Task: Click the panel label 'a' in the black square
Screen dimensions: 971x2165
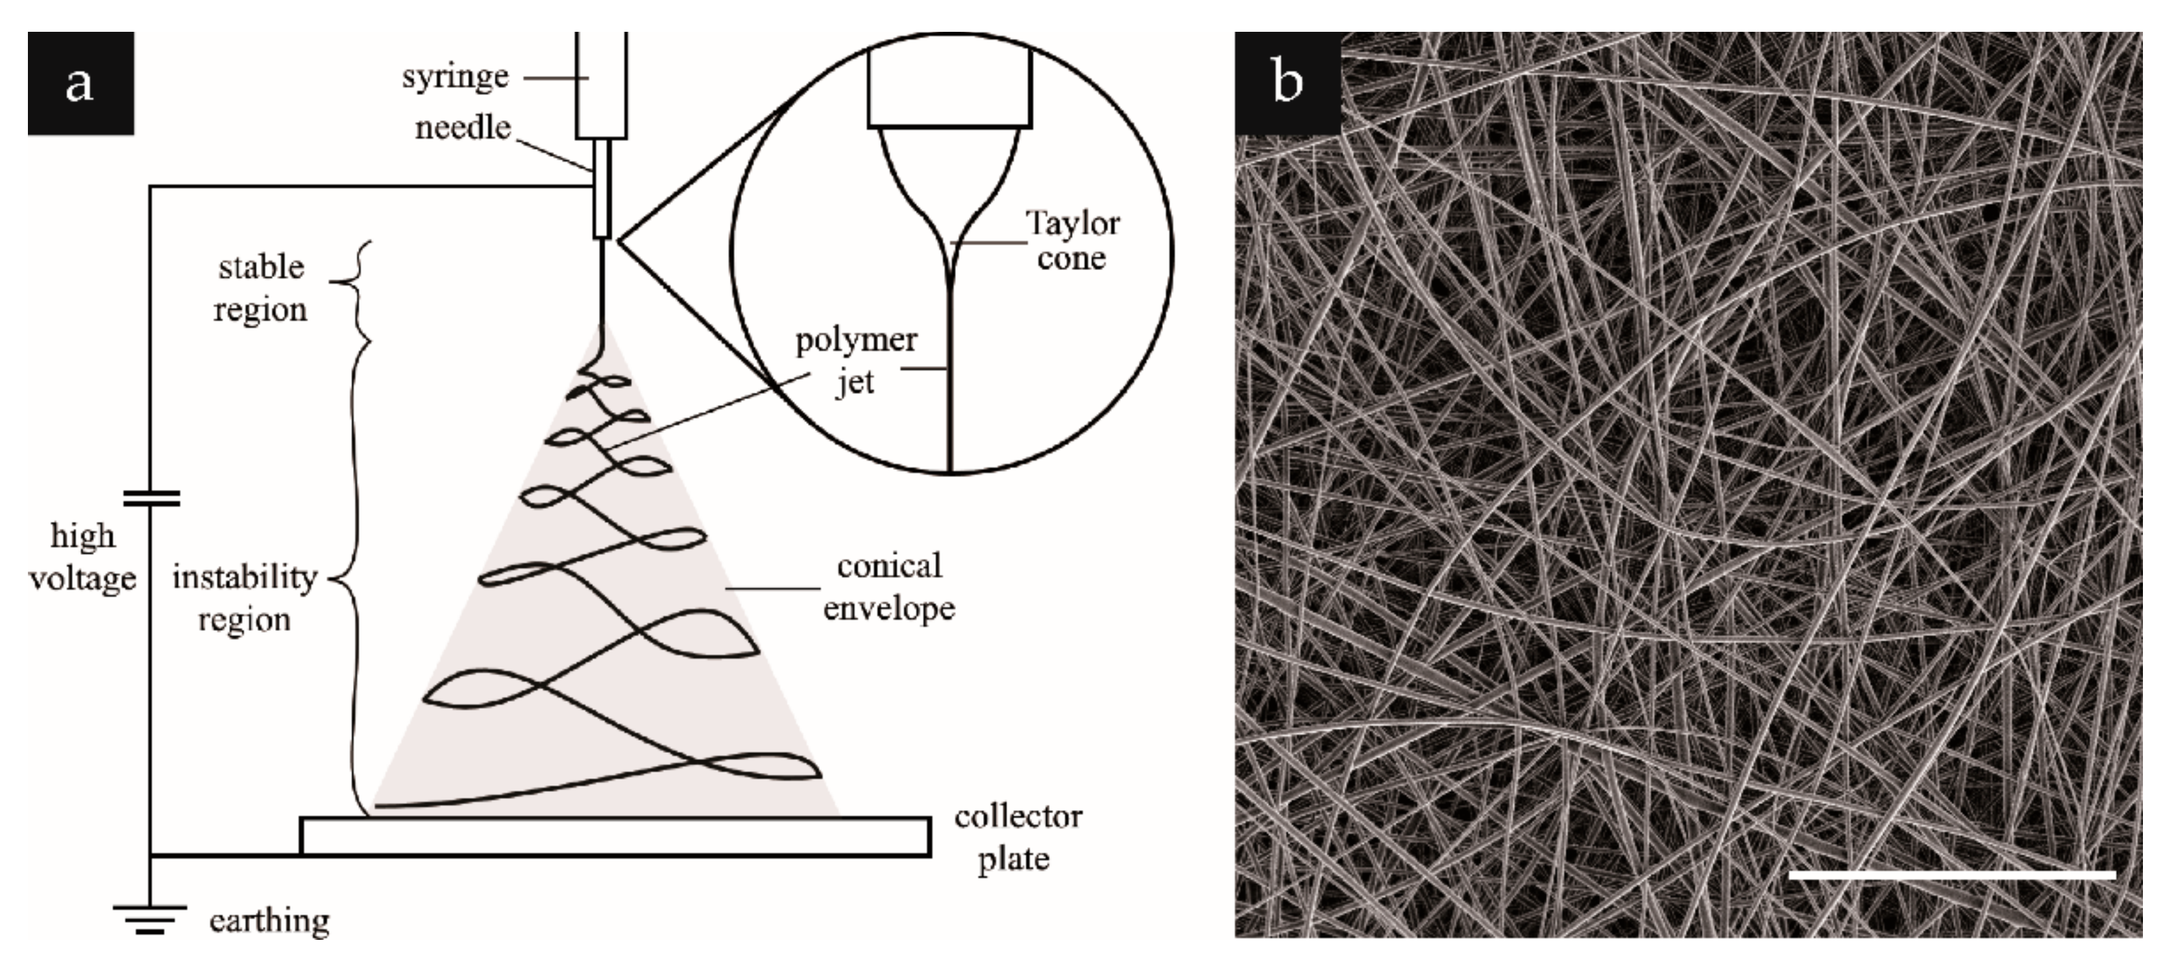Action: click(80, 83)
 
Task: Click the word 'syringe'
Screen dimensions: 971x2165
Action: click(455, 77)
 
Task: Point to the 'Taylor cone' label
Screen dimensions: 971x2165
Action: click(1071, 240)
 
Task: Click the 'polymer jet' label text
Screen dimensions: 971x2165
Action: click(855, 360)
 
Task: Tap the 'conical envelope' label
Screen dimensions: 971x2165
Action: click(888, 586)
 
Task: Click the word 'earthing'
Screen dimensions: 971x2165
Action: click(269, 920)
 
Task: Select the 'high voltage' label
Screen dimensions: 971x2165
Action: click(82, 556)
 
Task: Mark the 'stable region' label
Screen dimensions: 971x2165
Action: click(260, 288)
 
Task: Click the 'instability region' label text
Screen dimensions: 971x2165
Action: click(245, 598)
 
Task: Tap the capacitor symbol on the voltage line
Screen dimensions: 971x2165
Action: click(151, 498)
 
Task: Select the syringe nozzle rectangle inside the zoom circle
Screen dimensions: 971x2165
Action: click(949, 86)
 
